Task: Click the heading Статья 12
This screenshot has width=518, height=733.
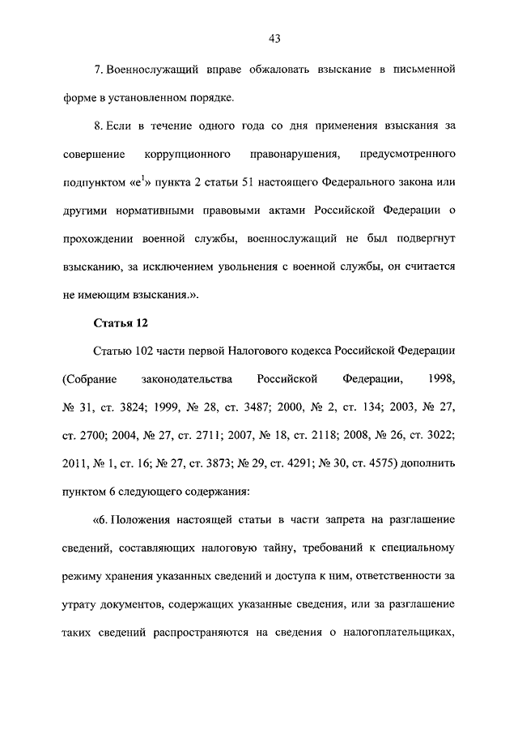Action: [121, 324]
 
